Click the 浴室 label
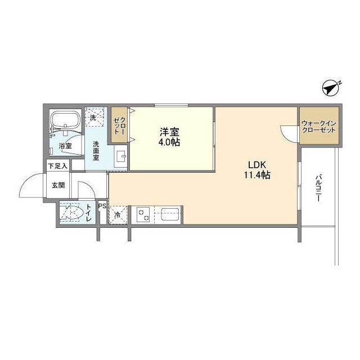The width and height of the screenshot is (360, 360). (x=65, y=146)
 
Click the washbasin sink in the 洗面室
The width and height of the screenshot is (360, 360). (x=120, y=156)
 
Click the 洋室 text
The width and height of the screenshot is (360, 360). (x=170, y=132)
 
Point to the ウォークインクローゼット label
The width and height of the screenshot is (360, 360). (x=319, y=127)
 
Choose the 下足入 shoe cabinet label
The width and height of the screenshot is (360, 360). (x=57, y=166)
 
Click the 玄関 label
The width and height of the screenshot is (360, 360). (x=58, y=185)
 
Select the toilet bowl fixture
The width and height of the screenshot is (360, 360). (x=73, y=213)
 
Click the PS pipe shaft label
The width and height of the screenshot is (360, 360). (x=102, y=206)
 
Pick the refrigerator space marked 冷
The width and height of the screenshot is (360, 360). (x=118, y=215)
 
